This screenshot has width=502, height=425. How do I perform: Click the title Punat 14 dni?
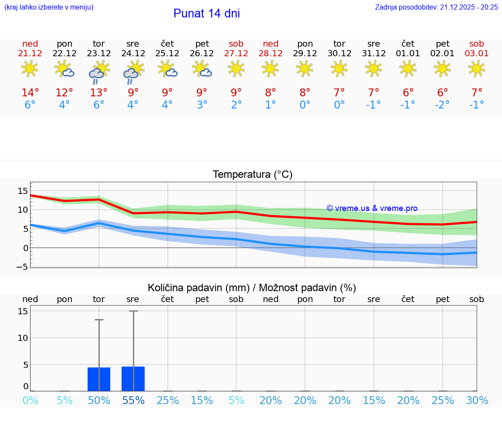click(207, 14)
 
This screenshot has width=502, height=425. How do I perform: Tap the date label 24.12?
click(133, 54)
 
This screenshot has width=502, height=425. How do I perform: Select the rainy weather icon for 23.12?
click(98, 72)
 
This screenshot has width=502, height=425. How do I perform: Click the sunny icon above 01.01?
click(408, 68)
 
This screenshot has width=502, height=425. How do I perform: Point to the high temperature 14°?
click(30, 93)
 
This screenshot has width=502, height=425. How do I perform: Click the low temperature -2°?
click(442, 105)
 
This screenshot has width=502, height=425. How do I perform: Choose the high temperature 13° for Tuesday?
click(99, 93)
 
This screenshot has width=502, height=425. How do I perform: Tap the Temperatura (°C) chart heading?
click(252, 175)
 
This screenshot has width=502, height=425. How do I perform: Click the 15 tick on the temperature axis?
click(23, 190)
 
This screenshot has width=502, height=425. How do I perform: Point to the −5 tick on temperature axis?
click(22, 267)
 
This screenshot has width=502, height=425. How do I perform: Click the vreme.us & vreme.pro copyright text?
click(372, 208)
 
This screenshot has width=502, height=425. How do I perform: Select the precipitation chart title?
click(252, 288)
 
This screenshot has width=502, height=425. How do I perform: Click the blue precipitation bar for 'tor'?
click(99, 379)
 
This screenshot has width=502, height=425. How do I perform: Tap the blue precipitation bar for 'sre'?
click(133, 379)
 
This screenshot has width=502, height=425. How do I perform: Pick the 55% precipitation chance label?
click(133, 400)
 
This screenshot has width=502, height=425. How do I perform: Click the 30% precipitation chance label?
click(477, 400)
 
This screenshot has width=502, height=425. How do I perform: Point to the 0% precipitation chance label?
click(30, 400)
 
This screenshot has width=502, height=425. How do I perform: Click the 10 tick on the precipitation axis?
click(23, 338)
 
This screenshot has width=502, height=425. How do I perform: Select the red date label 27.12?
click(236, 54)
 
